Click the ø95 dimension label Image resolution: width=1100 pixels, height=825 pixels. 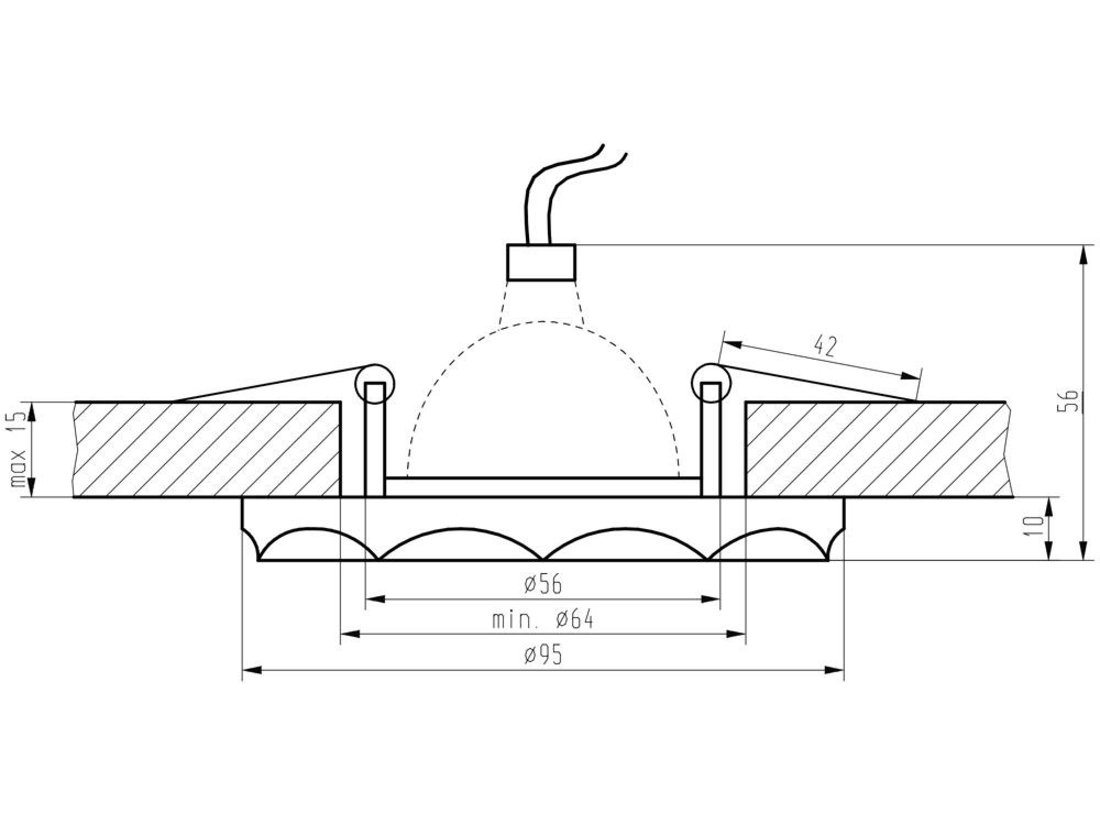(543, 655)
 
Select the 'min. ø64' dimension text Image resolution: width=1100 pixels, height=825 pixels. (543, 620)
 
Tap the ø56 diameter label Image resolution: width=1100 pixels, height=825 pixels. (543, 585)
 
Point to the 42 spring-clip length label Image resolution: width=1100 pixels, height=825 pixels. (825, 346)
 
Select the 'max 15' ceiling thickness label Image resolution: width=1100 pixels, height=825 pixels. (19, 449)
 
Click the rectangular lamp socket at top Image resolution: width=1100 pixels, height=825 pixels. (541, 262)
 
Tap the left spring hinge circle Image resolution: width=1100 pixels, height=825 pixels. (375, 383)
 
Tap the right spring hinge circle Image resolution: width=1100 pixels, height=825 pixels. (711, 383)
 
